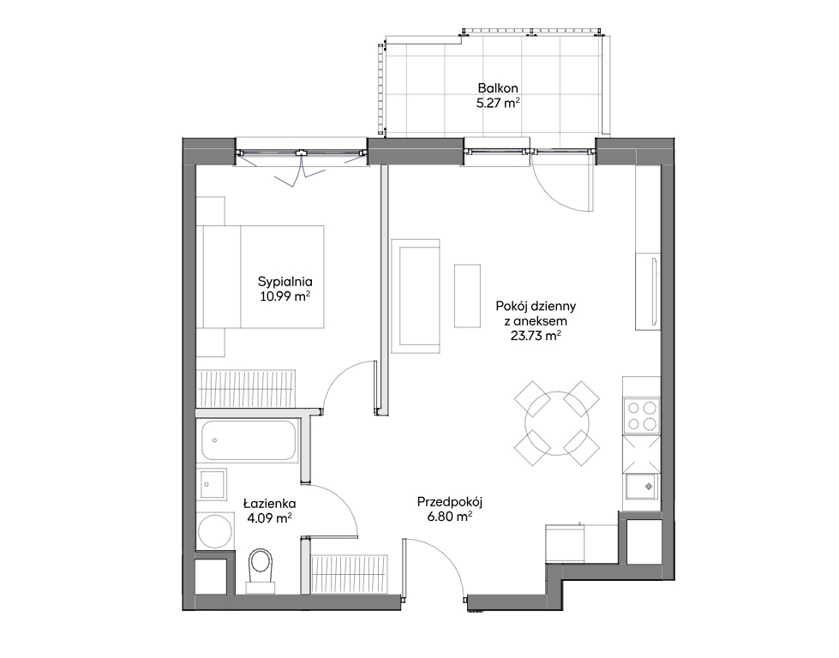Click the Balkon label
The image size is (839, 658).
[x=498, y=88]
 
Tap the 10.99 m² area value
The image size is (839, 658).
[x=285, y=296]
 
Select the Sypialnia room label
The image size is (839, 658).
[x=285, y=281]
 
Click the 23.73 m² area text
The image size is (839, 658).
[x=536, y=336]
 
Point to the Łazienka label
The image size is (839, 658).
[x=269, y=504]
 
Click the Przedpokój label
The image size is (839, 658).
[x=450, y=502]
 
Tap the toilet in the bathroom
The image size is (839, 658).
[x=261, y=570]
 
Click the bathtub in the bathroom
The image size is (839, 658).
[x=249, y=440]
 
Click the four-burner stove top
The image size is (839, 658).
[x=642, y=416]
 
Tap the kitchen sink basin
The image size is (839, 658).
[x=643, y=487]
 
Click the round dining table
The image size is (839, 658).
[x=557, y=422]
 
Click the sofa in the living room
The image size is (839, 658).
[x=416, y=296]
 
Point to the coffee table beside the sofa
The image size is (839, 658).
[x=467, y=296]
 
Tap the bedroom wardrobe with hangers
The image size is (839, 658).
[x=246, y=388]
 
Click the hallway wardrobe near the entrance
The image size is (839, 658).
[x=349, y=574]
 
